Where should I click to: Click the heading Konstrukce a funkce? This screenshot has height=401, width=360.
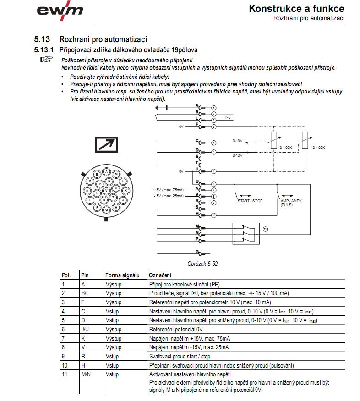296,9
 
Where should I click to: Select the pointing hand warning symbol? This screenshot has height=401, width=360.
47,60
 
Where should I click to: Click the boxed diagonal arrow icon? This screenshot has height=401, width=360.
106,145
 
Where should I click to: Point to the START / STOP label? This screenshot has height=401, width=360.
250,201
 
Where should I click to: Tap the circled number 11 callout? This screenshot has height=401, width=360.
266,228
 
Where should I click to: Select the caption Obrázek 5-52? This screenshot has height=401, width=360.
202,264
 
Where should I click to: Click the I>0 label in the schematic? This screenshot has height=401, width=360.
228,118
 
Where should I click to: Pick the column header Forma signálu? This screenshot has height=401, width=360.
122,275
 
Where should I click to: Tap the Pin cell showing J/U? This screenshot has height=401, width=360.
85,329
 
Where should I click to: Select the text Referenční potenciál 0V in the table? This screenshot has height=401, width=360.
177,329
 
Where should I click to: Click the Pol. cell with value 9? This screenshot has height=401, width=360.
64,356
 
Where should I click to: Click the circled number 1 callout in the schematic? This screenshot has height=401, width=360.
213,107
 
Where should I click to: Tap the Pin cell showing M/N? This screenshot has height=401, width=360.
86,374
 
